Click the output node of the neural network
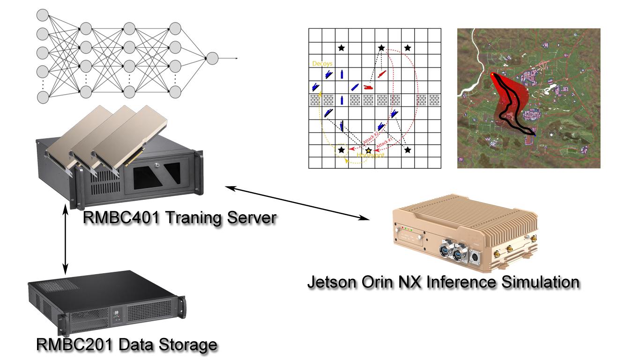coord(212,58)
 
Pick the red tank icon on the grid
coord(368,87)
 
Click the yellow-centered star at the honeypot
coord(368,150)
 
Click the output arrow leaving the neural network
coord(230,58)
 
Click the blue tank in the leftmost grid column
coord(315,87)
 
